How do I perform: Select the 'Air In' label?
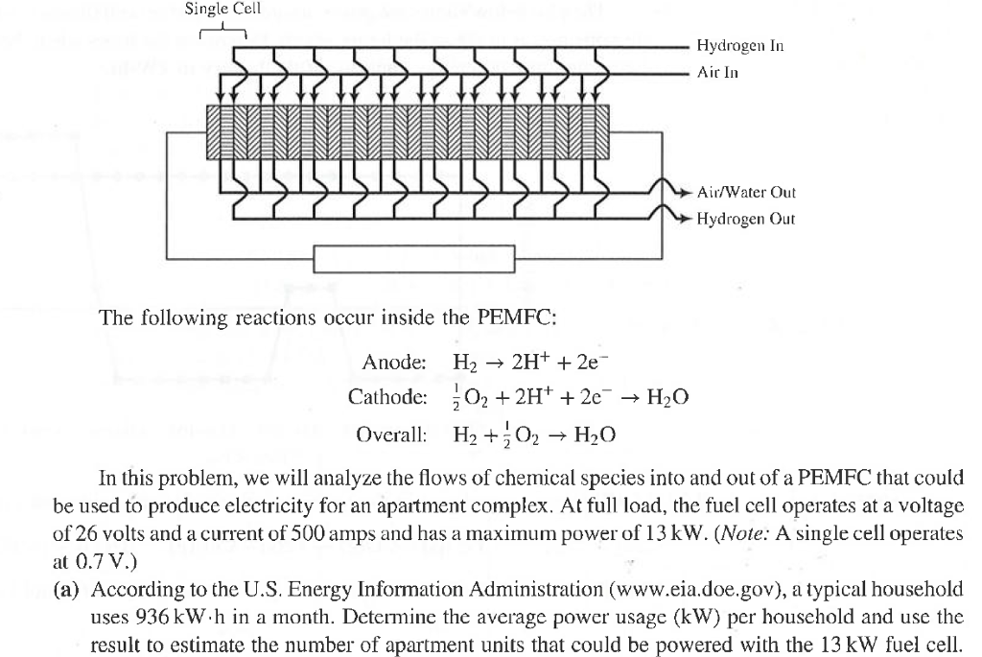pos(717,72)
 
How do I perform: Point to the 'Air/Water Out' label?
pos(745,192)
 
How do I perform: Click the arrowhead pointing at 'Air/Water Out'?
pos(684,193)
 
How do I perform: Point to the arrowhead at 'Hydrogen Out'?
pos(684,220)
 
